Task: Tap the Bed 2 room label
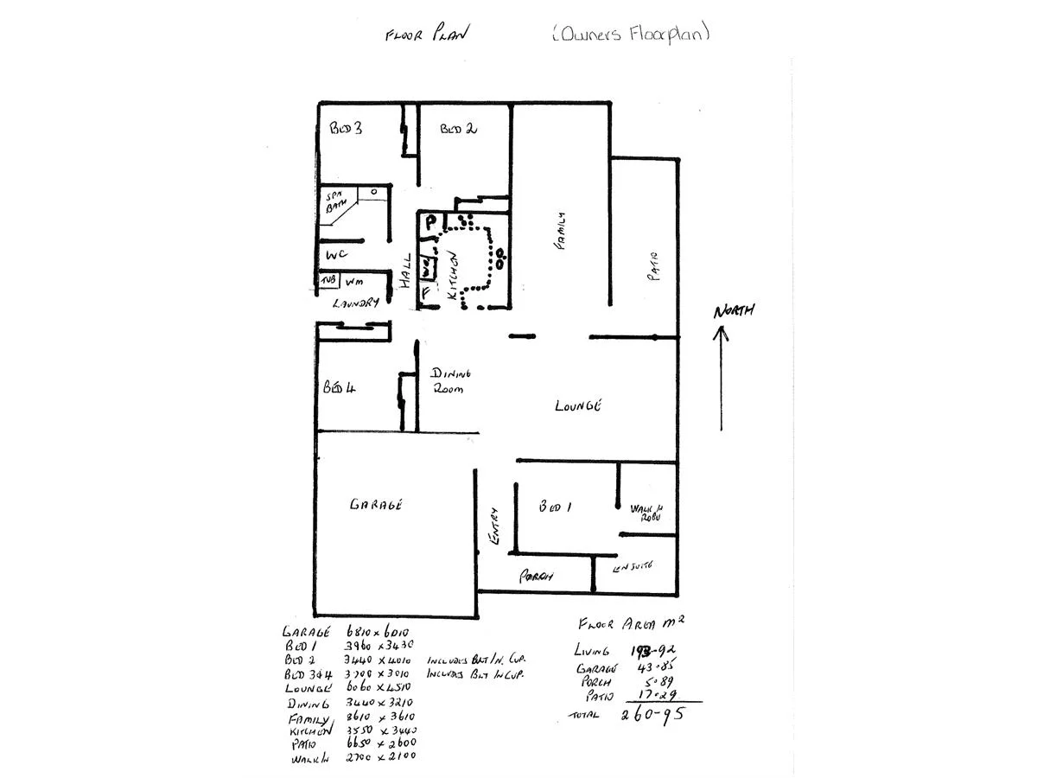459,129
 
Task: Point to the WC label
336,255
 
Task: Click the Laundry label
357,303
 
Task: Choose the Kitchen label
453,275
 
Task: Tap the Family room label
560,232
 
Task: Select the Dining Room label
451,381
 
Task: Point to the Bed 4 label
340,388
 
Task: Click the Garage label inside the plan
376,505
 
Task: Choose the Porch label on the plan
535,577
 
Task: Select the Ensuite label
632,567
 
